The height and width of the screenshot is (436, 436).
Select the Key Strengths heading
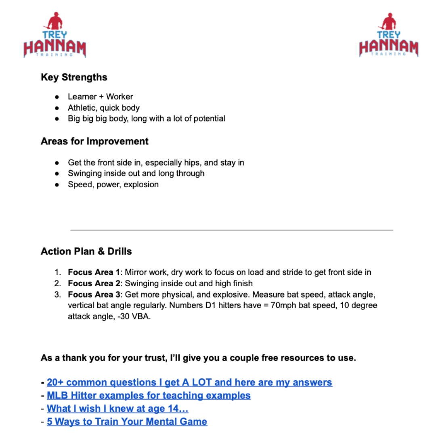(x=74, y=77)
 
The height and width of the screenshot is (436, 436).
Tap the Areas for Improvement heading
(x=94, y=141)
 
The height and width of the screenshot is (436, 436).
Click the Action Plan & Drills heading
(x=86, y=251)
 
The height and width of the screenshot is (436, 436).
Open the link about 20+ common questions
(x=189, y=382)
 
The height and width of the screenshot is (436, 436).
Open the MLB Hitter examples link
(x=149, y=395)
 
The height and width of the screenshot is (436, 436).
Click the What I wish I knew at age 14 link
(x=117, y=409)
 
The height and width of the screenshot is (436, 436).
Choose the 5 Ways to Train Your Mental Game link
(x=127, y=422)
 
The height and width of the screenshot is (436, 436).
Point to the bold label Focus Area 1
(x=94, y=272)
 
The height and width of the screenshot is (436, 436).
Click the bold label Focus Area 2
(x=94, y=283)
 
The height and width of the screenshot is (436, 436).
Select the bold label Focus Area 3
(x=94, y=295)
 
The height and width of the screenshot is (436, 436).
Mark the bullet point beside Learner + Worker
(x=58, y=97)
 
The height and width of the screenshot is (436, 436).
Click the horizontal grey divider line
(x=232, y=230)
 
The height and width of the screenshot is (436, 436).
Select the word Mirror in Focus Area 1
(x=136, y=272)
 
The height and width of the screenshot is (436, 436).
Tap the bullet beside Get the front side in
(x=58, y=163)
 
